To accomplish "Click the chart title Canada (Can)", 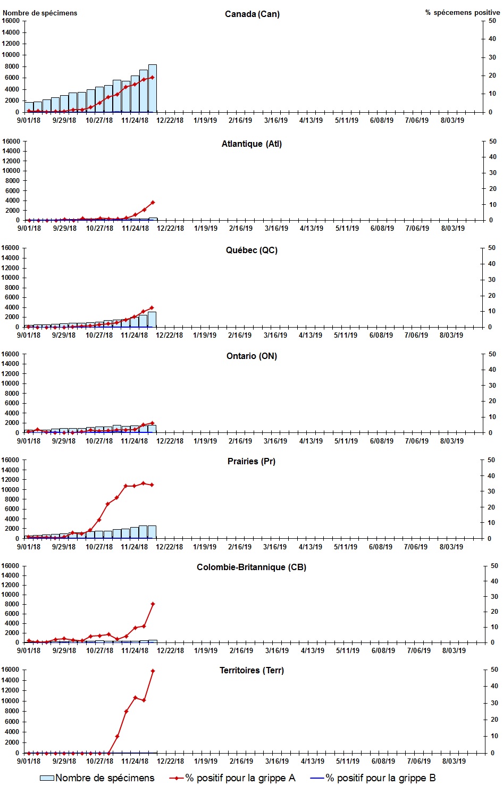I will [252, 14].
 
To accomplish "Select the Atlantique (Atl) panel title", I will [251, 144].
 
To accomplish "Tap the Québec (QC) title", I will [251, 250].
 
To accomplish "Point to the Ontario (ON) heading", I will [251, 356].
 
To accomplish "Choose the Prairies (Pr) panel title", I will [251, 461].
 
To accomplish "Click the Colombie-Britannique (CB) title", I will [251, 567].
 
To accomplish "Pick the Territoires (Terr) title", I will [251, 670].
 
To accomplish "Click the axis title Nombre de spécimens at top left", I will [40, 13].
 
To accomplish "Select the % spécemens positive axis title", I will [462, 12].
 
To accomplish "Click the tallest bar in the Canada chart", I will [152, 88].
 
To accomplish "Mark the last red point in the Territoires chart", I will [153, 671].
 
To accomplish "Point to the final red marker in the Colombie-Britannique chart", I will [153, 604].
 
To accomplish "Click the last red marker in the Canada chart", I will [153, 77].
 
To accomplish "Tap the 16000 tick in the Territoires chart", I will [11, 670].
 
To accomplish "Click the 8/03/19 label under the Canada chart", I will [452, 120].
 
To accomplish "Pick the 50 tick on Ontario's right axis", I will [492, 354].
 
